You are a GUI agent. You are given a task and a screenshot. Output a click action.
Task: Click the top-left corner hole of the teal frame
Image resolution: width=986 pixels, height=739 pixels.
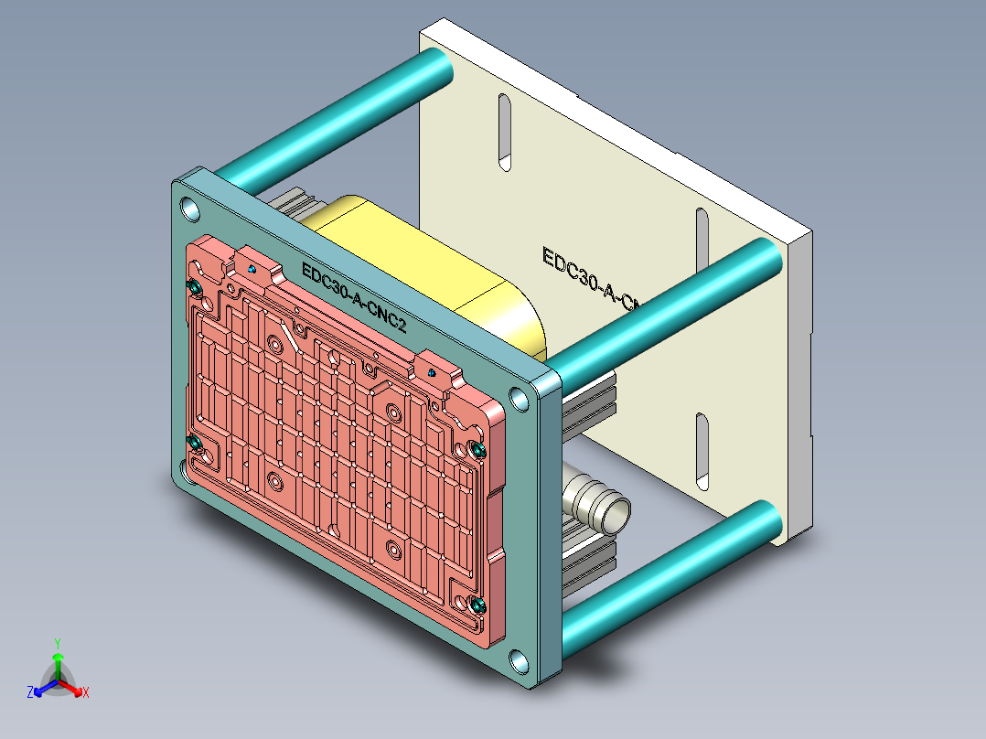pyautogui.click(x=189, y=210)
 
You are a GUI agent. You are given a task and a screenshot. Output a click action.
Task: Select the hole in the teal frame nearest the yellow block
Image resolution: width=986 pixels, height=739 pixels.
pyautogui.click(x=520, y=400)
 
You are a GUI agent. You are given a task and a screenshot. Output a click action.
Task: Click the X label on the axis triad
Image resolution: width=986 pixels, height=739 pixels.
pyautogui.click(x=86, y=692)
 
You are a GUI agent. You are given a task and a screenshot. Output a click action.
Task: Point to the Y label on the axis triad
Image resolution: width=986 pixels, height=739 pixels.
pyautogui.click(x=57, y=642)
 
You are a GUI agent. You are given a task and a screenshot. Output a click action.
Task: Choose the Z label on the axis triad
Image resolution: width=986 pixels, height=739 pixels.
pyautogui.click(x=30, y=692)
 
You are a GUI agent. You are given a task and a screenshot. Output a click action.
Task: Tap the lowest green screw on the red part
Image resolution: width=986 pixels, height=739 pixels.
pyautogui.click(x=477, y=604)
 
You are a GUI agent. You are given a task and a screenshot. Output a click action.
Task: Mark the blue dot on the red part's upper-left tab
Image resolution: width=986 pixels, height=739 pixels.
pyautogui.click(x=252, y=270)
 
